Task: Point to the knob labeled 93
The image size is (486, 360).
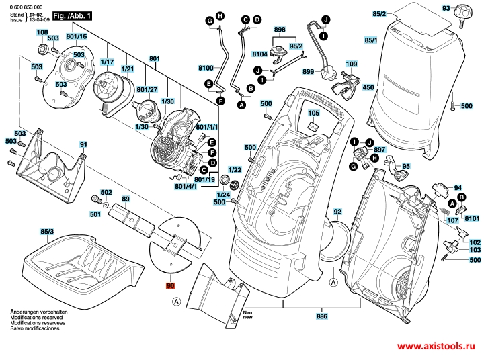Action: click(464, 10)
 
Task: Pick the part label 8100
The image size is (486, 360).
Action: click(206, 69)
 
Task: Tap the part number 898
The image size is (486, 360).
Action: click(280, 30)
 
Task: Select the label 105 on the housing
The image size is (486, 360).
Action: click(313, 115)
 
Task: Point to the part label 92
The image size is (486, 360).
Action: click(337, 212)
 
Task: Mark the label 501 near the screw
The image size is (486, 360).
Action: click(95, 214)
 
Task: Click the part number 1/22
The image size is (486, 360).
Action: click(235, 170)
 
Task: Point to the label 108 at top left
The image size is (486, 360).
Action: click(42, 32)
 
